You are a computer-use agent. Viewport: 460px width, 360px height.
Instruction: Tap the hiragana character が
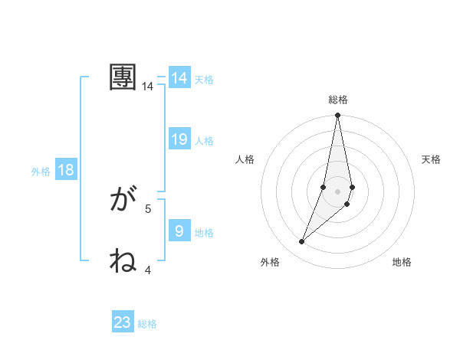click(123, 201)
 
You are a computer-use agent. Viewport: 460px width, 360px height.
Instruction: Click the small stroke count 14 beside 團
click(148, 87)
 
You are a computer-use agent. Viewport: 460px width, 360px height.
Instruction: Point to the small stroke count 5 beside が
click(148, 208)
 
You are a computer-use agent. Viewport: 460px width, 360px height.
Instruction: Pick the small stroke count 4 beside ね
click(148, 270)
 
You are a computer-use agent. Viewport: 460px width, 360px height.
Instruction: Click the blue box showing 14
click(179, 78)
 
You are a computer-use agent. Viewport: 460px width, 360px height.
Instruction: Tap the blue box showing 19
click(179, 139)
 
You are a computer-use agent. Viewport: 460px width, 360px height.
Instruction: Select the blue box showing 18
click(66, 170)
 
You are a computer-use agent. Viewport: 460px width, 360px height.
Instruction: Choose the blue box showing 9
click(179, 231)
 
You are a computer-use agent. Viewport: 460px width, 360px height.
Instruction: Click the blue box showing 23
click(123, 322)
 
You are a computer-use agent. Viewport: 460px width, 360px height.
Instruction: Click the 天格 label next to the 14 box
click(204, 79)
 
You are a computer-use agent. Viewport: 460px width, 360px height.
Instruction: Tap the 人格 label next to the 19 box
click(204, 141)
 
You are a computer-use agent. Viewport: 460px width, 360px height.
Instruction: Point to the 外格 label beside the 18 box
click(41, 172)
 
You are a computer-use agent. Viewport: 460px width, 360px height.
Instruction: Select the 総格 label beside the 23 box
click(147, 324)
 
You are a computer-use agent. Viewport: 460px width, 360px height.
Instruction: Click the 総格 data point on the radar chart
click(337, 116)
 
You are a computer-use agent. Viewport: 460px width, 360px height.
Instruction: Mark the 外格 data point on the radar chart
click(301, 242)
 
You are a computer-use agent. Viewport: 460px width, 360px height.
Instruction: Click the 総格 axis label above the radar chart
click(337, 100)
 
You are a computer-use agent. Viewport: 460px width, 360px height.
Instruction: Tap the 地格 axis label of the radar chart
click(402, 262)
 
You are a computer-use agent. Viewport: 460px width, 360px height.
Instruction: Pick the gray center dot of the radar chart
click(337, 191)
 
